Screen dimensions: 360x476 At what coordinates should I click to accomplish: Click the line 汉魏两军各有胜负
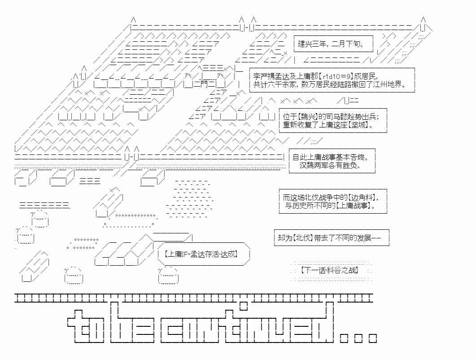pyautogui.click(x=331, y=165)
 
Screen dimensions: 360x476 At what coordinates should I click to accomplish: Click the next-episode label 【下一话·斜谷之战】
pyautogui.click(x=330, y=270)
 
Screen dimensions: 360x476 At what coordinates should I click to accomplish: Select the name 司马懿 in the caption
pyautogui.click(x=326, y=116)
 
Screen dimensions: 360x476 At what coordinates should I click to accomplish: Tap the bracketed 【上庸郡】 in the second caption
pyautogui.click(x=307, y=76)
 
